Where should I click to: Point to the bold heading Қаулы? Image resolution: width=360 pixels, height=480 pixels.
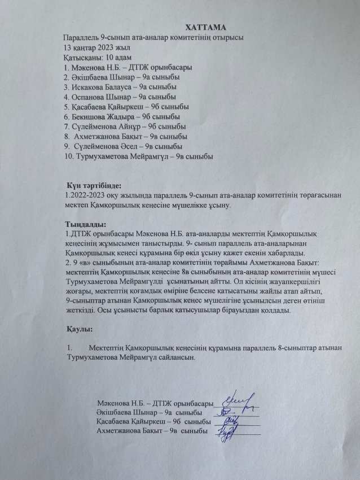[x=78, y=328]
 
